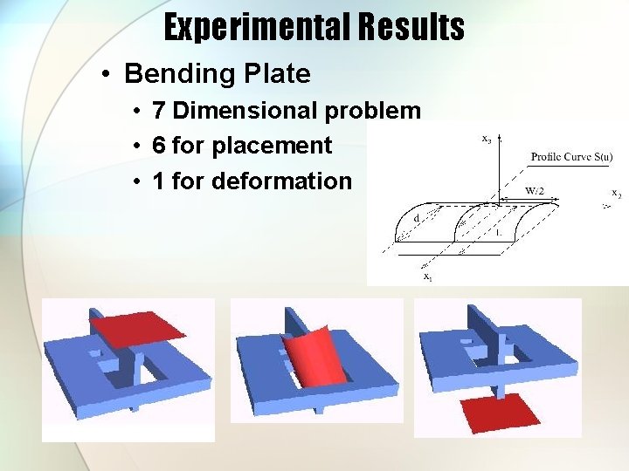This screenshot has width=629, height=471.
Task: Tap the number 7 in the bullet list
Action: [159, 112]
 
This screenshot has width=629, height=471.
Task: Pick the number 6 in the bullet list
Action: [159, 147]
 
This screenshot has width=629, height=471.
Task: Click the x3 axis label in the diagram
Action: [487, 138]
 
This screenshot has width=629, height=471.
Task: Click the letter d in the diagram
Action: [418, 217]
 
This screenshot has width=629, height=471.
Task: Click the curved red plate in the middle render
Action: [310, 353]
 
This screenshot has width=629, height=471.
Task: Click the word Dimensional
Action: [245, 112]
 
